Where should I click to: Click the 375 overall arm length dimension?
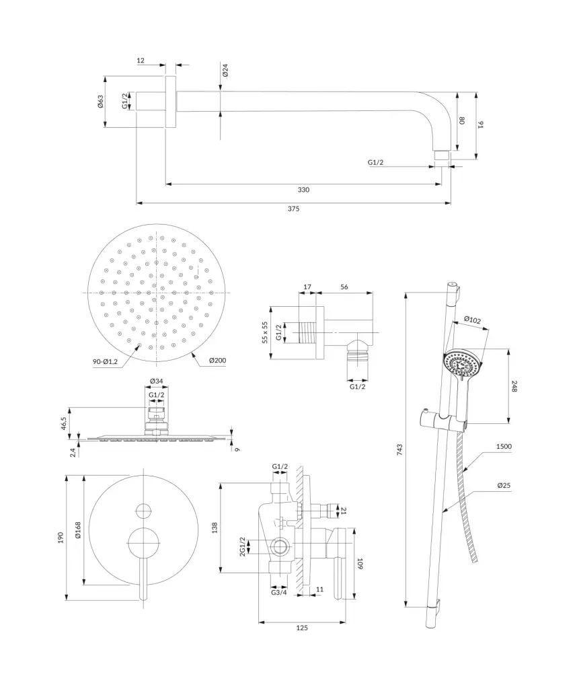(293, 209)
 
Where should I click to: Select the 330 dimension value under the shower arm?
(303, 190)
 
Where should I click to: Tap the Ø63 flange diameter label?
(101, 102)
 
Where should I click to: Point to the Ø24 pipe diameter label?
(225, 70)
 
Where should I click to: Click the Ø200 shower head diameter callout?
(217, 361)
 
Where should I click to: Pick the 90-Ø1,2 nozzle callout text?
(105, 361)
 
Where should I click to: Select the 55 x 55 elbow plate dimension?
(265, 332)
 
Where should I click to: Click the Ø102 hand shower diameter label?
(472, 320)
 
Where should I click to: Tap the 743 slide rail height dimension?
(399, 449)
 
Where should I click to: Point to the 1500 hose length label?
(504, 447)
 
